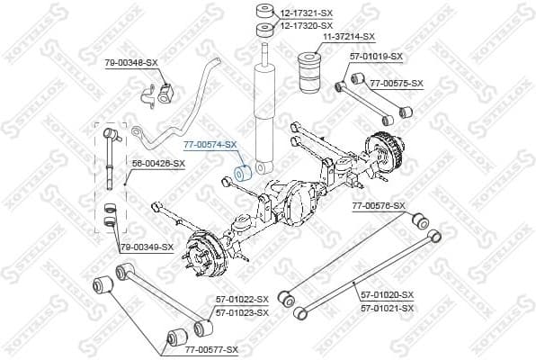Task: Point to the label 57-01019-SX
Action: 377,57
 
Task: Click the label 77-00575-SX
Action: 396,83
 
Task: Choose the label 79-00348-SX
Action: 131,62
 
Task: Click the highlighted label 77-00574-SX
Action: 210,144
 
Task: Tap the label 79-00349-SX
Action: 146,246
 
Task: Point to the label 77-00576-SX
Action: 379,206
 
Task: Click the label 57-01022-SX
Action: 242,298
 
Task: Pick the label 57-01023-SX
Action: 242,311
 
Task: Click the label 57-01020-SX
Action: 387,294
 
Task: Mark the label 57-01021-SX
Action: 387,308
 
